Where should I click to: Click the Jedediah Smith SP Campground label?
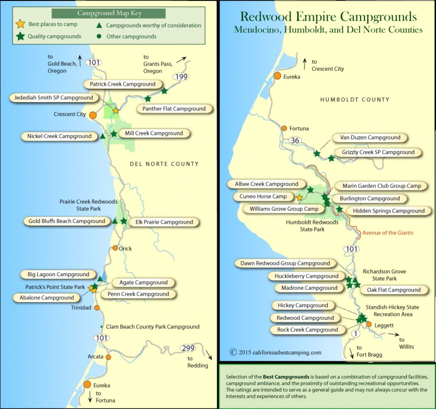pyautogui.click(x=54, y=98)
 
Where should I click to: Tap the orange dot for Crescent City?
pyautogui.click(x=93, y=115)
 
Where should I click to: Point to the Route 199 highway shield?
pyautogui.click(x=181, y=77)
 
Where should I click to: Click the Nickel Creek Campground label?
pyautogui.click(x=59, y=136)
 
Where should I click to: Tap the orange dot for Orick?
pyautogui.click(x=115, y=248)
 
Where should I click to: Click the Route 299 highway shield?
pyautogui.click(x=188, y=348)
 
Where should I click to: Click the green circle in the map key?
pyautogui.click(x=99, y=37)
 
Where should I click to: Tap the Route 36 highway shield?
pyautogui.click(x=294, y=140)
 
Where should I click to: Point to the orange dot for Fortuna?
pyautogui.click(x=284, y=128)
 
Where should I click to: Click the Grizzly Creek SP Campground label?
pyautogui.click(x=378, y=152)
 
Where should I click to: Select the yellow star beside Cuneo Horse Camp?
pyautogui.click(x=299, y=198)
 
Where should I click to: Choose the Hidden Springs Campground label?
pyautogui.click(x=389, y=210)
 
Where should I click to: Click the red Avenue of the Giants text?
pyautogui.click(x=387, y=233)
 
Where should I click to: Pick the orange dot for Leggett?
pyautogui.click(x=369, y=325)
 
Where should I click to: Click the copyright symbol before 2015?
pyautogui.click(x=233, y=352)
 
